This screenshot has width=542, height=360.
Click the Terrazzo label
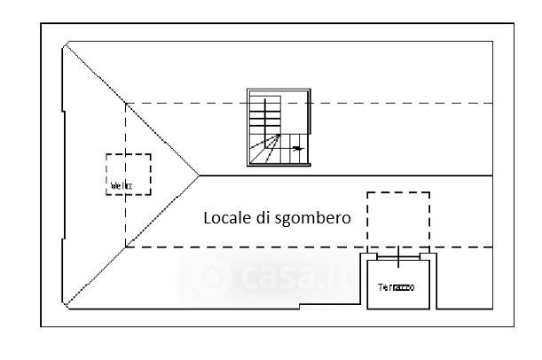tap(396, 287)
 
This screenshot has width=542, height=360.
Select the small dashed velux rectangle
tap(129, 174)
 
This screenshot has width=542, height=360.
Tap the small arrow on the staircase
tap(298, 148)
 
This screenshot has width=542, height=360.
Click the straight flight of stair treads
tap(259, 113)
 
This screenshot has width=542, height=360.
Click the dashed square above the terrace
tap(398, 219)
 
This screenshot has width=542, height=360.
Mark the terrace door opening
tap(398, 257)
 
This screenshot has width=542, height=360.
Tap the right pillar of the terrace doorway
tap(427, 257)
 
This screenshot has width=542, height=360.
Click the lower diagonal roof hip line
tap(133, 240)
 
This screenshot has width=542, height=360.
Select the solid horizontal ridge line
tap(346, 176)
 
